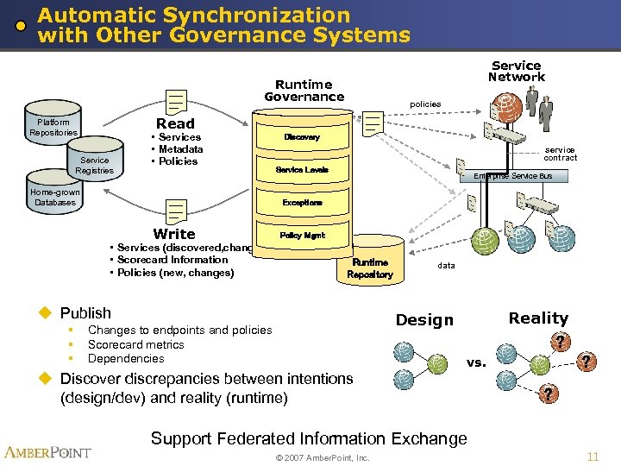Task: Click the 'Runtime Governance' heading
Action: pos(304,91)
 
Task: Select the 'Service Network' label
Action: pos(516,71)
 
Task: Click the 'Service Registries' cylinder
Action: pos(94,164)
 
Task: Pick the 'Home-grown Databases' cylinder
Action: pos(53,198)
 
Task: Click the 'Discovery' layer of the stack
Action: pos(302,137)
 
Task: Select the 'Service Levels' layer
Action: pos(302,170)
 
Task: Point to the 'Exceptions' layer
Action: pos(302,203)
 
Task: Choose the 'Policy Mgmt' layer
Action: pos(302,235)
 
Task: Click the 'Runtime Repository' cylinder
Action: pos(369,268)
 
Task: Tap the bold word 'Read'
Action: pos(175,123)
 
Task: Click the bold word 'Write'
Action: pos(174,234)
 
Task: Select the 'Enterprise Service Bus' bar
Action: pos(514,176)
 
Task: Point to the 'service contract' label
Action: pos(560,154)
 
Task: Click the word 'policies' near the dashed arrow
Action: pos(425,104)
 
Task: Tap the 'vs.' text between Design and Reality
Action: pos(476,362)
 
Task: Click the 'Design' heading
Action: pos(423,320)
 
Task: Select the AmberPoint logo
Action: pos(48,452)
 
